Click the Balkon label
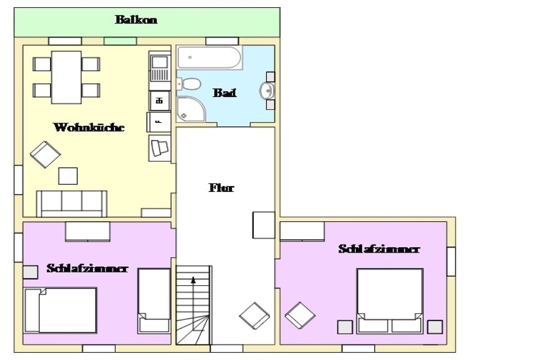tap(136, 20)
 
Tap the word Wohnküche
tap(89, 128)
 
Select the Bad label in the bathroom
tap(225, 93)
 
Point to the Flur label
tap(221, 188)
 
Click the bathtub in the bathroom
tap(209, 57)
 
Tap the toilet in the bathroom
tap(189, 84)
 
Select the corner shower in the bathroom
tap(190, 109)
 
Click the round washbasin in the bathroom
tap(267, 91)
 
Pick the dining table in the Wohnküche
tap(66, 77)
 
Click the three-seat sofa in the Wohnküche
tap(72, 204)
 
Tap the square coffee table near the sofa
tap(68, 176)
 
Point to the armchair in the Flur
tap(255, 316)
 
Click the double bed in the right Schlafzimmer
tap(390, 301)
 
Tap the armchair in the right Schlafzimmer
tap(300, 315)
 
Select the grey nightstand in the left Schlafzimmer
tap(30, 272)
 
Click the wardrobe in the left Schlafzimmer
tap(88, 231)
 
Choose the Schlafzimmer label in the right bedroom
tap(379, 249)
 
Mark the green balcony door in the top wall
tap(120, 41)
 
